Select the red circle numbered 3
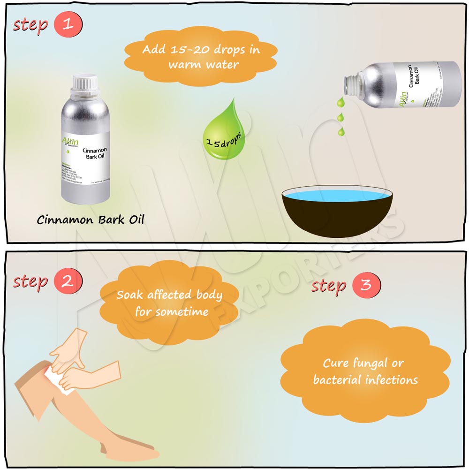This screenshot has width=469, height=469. (x=366, y=285)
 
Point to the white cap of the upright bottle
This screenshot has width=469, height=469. (x=85, y=84)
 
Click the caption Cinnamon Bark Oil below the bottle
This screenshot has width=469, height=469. (x=91, y=219)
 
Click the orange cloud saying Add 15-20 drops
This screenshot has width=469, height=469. (x=201, y=56)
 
